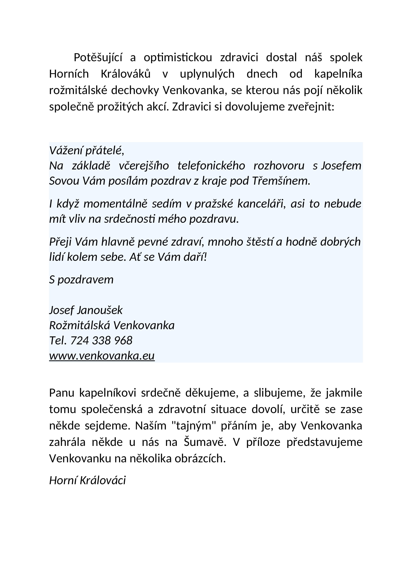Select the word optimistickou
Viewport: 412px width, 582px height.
pyautogui.click(x=178, y=58)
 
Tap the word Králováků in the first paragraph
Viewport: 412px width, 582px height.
pyautogui.click(x=126, y=74)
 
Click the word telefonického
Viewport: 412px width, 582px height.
pyautogui.click(x=211, y=166)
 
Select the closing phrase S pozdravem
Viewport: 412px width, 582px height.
pyautogui.click(x=81, y=280)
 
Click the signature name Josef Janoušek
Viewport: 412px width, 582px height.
pyautogui.click(x=86, y=310)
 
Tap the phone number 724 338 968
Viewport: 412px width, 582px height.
pyautogui.click(x=101, y=341)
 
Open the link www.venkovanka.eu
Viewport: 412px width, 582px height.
pyautogui.click(x=102, y=356)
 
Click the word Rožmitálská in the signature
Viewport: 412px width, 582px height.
pyautogui.click(x=79, y=325)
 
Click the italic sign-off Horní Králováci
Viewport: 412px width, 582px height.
pyautogui.click(x=87, y=480)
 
